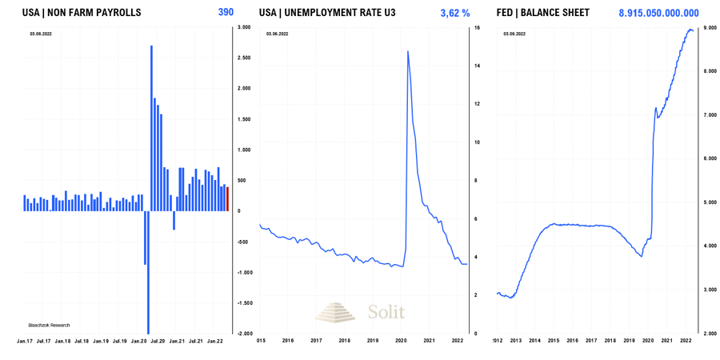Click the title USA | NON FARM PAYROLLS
(x=82, y=14)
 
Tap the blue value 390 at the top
(x=226, y=13)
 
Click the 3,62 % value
(x=454, y=14)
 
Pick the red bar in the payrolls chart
(x=227, y=198)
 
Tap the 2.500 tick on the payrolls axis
(x=245, y=58)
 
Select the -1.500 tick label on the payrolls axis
(x=245, y=303)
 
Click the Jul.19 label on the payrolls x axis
(x=119, y=342)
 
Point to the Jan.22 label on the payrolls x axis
(x=215, y=342)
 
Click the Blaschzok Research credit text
(x=49, y=325)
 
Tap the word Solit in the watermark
(x=386, y=312)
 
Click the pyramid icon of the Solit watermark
(x=335, y=313)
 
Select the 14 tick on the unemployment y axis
(x=476, y=66)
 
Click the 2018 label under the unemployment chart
(x=345, y=341)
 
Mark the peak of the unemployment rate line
(x=408, y=52)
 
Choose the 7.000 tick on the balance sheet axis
(x=710, y=115)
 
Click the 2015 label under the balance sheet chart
(x=553, y=341)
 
